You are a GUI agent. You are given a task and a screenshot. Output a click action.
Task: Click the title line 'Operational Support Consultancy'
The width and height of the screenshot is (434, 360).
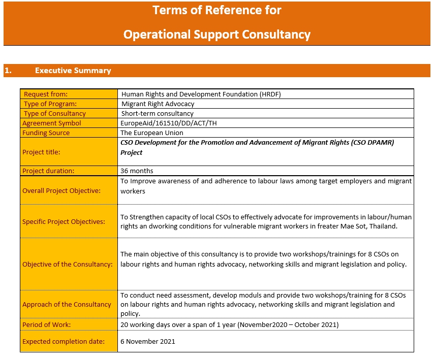[217, 35]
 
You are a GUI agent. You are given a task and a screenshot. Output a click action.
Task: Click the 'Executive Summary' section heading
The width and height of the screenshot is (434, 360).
[73, 71]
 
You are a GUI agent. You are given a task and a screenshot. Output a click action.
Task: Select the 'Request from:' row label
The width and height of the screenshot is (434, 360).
[46, 94]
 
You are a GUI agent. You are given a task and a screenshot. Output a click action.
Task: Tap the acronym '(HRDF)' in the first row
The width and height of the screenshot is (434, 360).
[270, 94]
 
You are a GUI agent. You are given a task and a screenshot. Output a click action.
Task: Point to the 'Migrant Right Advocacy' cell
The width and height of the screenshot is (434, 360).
[158, 104]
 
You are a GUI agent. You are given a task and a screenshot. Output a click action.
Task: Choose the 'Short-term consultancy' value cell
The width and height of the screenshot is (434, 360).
[157, 113]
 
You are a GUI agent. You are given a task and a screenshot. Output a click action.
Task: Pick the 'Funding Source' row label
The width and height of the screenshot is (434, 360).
[46, 133]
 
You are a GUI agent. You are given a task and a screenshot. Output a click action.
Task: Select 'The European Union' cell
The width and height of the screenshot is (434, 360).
[152, 133]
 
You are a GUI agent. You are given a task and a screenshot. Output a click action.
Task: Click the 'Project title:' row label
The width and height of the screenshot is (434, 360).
[41, 152]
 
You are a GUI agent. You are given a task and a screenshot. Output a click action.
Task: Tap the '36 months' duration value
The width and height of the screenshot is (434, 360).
[137, 171]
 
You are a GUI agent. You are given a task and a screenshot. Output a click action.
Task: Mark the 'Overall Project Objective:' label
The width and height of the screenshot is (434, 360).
[61, 191]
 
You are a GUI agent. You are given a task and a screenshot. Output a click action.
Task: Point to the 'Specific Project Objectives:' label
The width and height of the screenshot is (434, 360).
[64, 221]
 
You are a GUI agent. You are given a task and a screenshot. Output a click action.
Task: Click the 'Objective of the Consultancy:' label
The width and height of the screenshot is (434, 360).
[68, 264]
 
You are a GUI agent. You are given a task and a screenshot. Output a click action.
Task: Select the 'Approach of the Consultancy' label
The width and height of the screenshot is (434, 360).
[67, 304]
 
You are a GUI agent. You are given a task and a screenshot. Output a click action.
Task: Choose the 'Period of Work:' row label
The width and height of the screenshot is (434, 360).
[47, 324]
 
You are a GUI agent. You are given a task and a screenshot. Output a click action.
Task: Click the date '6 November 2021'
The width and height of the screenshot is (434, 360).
[148, 341]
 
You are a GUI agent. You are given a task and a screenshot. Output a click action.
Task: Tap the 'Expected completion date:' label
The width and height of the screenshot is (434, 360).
[64, 341]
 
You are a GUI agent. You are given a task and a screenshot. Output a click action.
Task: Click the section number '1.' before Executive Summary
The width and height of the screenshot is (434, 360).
[8, 71]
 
